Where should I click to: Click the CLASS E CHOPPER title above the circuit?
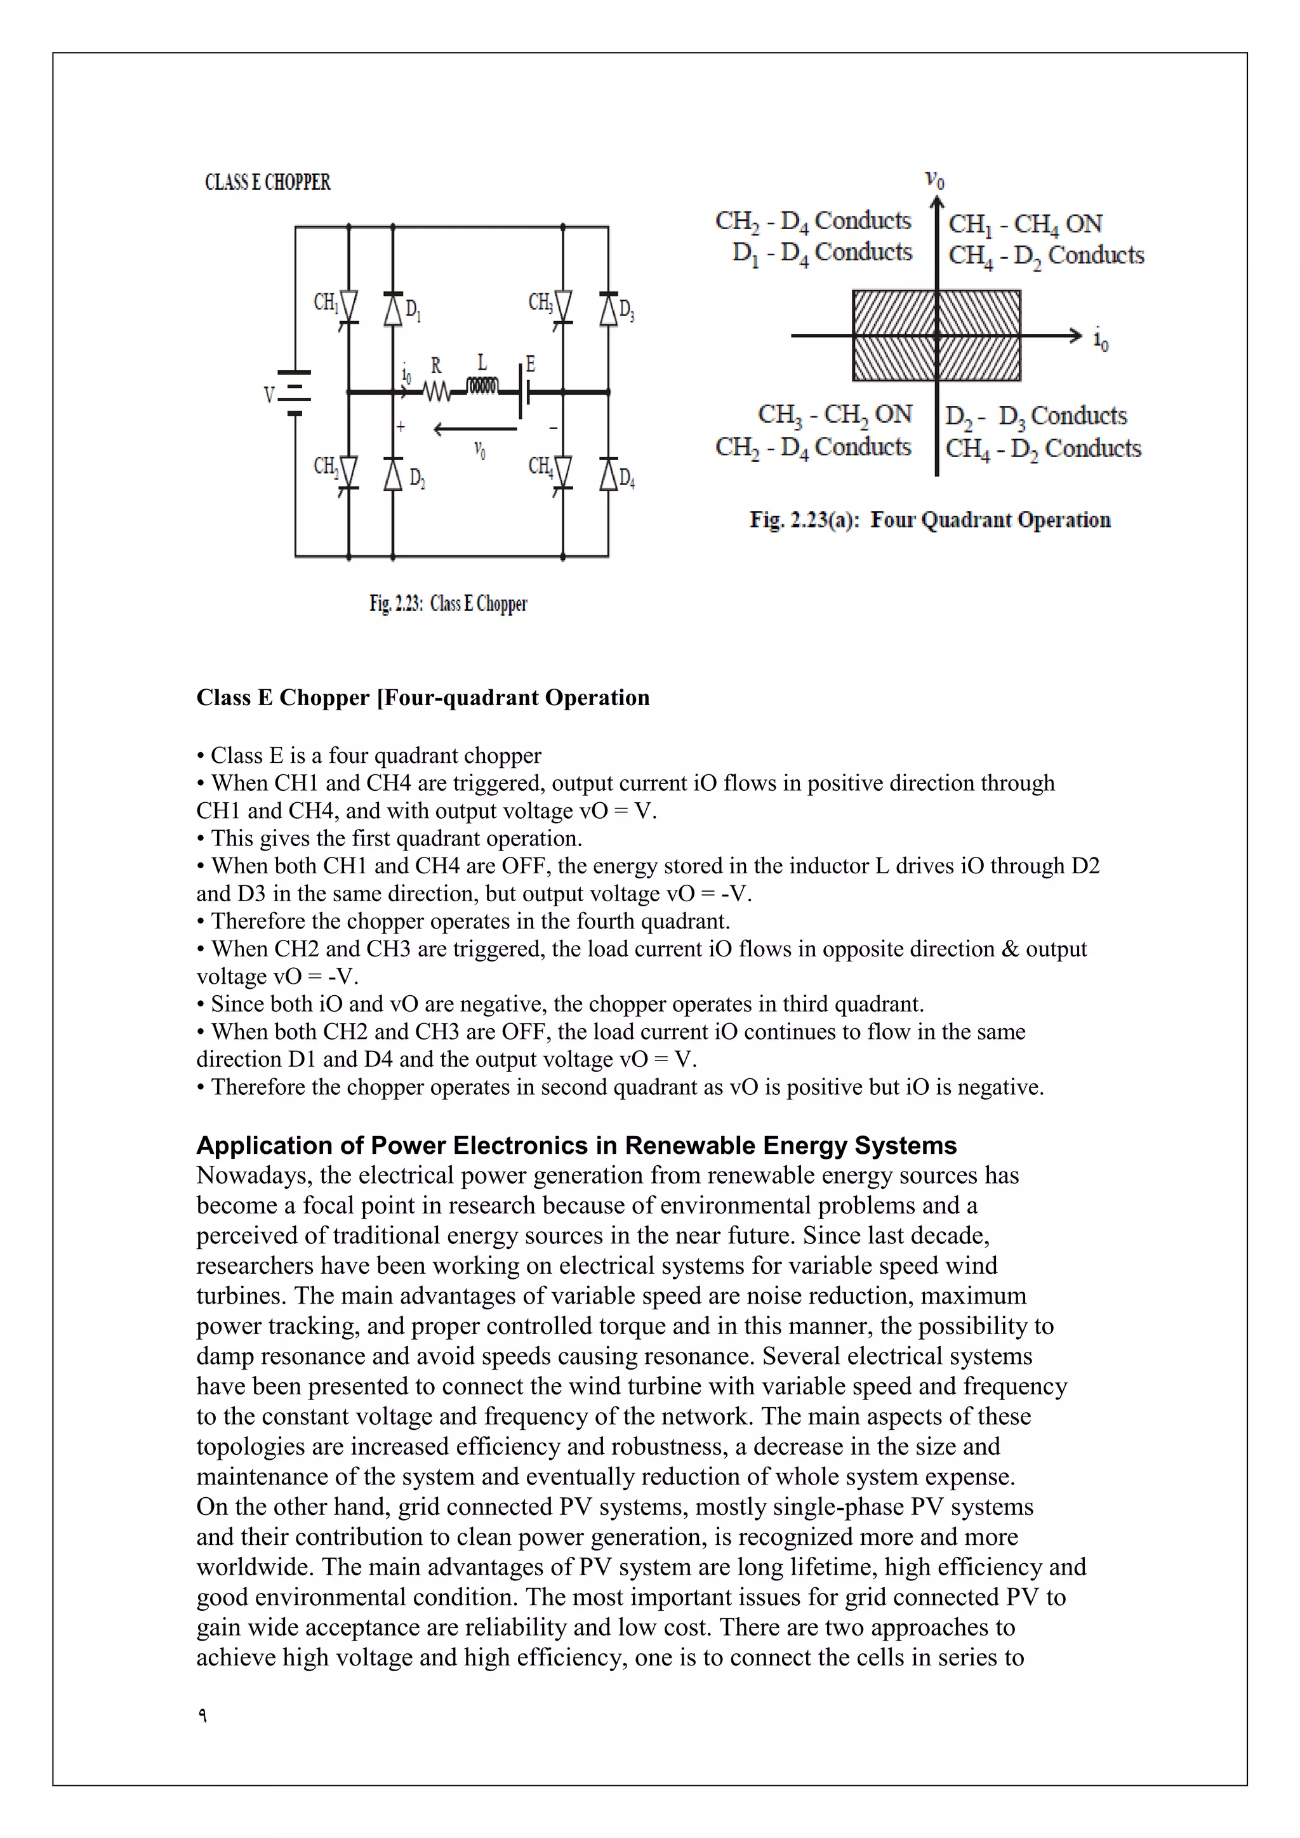click(x=267, y=183)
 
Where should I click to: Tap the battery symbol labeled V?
click(x=294, y=393)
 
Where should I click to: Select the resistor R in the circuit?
click(x=436, y=392)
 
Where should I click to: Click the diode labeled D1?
click(x=392, y=309)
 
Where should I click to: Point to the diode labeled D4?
click(x=608, y=474)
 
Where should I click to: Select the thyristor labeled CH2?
click(x=348, y=472)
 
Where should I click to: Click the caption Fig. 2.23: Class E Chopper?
click(x=448, y=604)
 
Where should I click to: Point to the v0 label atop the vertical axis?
click(x=934, y=180)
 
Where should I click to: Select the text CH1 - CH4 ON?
click(x=1025, y=224)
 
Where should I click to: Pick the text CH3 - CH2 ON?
click(x=835, y=414)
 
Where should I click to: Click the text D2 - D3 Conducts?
click(x=1036, y=416)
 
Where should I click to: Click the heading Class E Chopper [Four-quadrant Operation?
click(x=423, y=698)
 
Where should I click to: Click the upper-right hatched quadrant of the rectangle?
click(x=979, y=313)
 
